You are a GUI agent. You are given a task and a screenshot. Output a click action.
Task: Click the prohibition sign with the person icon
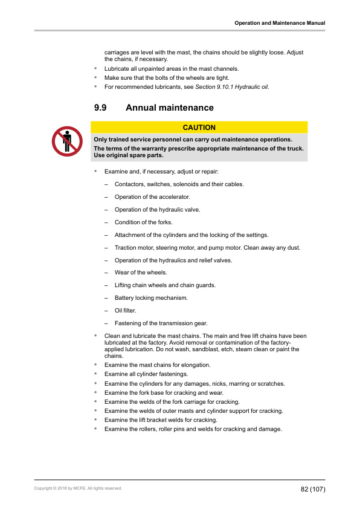tap(67, 141)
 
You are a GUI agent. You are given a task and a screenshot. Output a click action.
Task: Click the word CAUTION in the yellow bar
tap(199, 128)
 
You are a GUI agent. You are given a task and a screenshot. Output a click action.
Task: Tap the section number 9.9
tap(101, 108)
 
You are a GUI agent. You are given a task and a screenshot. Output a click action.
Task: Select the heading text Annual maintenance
tap(169, 108)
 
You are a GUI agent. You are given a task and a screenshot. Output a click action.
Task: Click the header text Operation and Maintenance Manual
tap(280, 23)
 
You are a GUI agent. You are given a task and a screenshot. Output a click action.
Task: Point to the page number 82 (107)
tap(313, 488)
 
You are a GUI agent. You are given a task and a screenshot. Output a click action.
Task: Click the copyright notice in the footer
tap(78, 488)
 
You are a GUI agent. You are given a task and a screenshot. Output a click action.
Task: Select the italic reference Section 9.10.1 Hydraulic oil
tap(232, 87)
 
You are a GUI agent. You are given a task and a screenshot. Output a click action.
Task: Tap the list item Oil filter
tap(126, 310)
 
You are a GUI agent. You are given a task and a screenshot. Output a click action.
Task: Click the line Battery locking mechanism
tap(151, 297)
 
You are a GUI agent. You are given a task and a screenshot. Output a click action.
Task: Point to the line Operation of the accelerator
tap(152, 196)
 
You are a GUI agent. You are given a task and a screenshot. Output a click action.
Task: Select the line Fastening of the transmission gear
tap(161, 323)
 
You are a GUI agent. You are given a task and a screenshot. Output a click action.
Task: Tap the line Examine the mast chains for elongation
tap(157, 365)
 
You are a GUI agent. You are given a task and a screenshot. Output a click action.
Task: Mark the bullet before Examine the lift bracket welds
tap(95, 420)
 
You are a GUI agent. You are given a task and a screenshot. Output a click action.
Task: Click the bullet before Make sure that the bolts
tap(95, 78)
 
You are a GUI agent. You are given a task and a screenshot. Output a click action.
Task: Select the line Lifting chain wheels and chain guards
tap(165, 285)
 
